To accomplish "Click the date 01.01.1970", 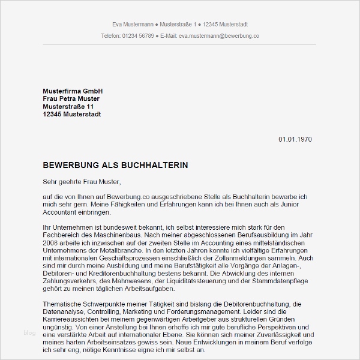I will coord(295,140).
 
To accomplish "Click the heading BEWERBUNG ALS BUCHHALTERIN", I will coord(116,164).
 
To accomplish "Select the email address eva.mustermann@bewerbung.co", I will coord(210,36).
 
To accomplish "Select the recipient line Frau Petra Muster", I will coord(71,98).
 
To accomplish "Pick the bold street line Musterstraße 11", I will coord(68,106).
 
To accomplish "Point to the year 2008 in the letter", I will coord(51,244).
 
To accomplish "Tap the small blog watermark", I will coord(29,332).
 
